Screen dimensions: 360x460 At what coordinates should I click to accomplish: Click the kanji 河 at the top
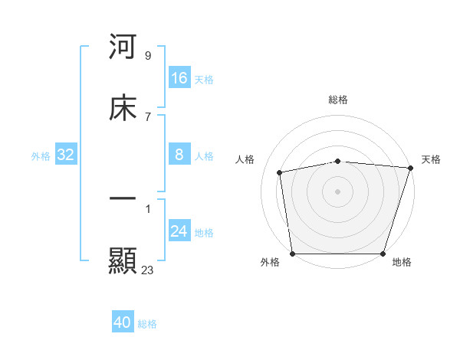tap(123, 47)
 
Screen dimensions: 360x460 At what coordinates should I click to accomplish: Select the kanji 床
tap(123, 109)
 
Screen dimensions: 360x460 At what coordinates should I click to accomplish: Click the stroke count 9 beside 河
tap(148, 56)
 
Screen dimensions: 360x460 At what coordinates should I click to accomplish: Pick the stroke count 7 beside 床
tap(148, 116)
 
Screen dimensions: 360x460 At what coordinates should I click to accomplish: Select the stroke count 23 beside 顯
tap(148, 270)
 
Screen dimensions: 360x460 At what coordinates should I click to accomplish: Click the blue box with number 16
tap(179, 78)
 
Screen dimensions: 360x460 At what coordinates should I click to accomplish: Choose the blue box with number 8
tap(179, 155)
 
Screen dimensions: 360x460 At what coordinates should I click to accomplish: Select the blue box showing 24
tap(179, 231)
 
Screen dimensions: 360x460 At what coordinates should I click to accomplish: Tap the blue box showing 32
tap(66, 155)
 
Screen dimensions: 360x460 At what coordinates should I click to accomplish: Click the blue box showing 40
tap(123, 322)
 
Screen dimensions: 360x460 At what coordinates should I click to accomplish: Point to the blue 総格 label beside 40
tap(148, 324)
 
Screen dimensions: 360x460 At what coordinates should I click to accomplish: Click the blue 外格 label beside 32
tap(41, 156)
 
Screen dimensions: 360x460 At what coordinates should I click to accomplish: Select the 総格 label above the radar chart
tap(338, 100)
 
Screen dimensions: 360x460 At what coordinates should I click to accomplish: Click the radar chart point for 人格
tap(280, 172)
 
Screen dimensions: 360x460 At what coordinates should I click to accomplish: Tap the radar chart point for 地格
tap(383, 254)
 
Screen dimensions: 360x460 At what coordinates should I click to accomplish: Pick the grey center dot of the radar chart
tap(338, 191)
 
